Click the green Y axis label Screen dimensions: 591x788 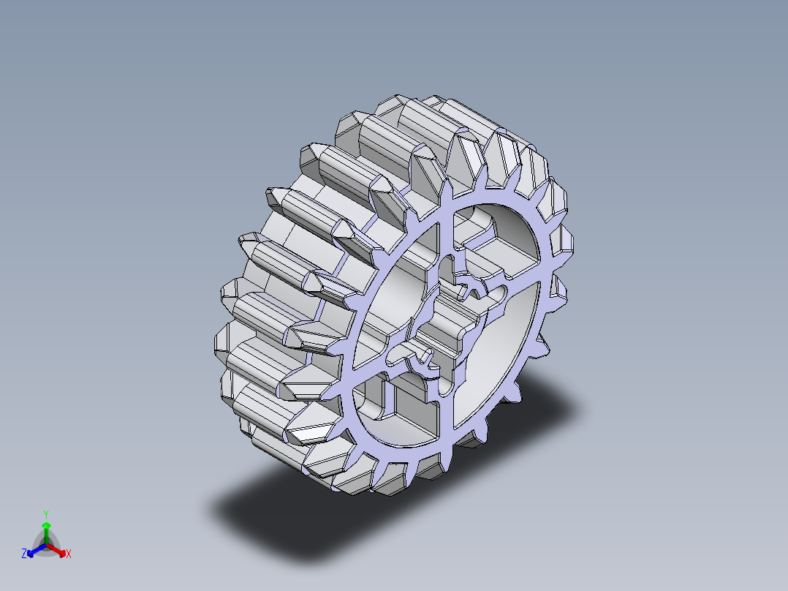pos(45,513)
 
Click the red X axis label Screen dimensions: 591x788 pos(68,554)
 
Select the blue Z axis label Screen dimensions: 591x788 pos(24,554)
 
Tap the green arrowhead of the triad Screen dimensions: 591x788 pos(46,525)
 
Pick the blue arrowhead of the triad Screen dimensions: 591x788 pos(31,552)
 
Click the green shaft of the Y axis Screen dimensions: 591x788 pos(46,535)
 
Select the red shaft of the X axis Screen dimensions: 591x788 pos(54,548)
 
